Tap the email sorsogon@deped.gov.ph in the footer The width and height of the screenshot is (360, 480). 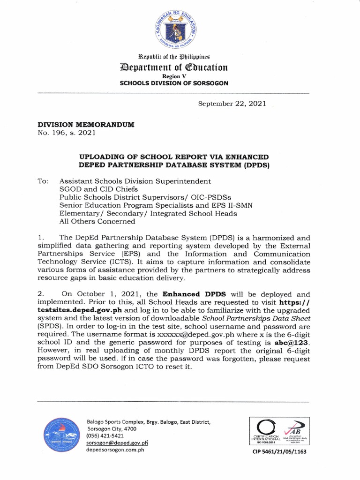(117, 442)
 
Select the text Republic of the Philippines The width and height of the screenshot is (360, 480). (172, 57)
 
